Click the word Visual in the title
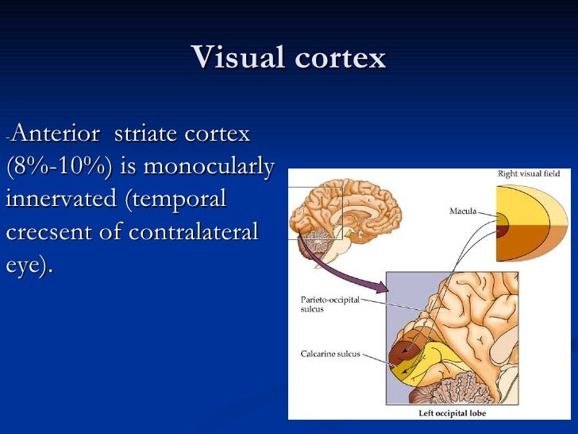(x=236, y=58)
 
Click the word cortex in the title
(x=337, y=58)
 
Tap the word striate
(x=146, y=134)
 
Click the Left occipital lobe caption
(x=453, y=413)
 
